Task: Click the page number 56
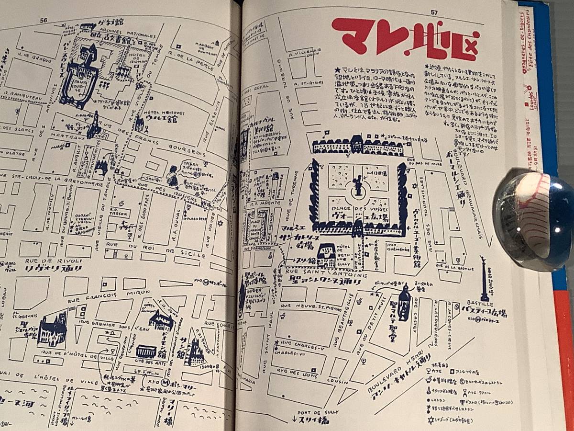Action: tap(44, 20)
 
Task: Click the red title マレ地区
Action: tap(405, 39)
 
